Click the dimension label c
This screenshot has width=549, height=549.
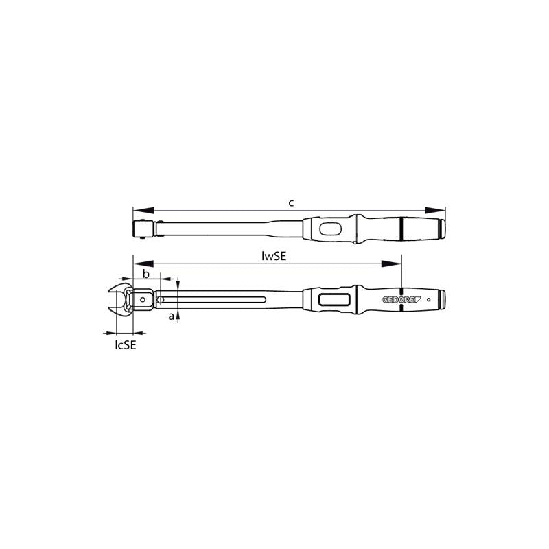pos(291,202)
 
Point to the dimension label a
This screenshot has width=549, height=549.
pos(172,316)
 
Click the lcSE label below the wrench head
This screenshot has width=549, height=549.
pos(125,345)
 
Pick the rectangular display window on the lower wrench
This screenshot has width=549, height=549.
pos(334,300)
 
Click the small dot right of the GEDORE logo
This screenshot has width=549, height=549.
pos(429,300)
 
